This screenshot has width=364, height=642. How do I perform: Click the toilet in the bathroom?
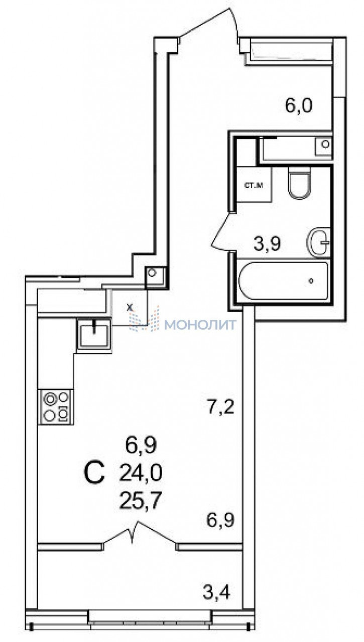pos(299,183)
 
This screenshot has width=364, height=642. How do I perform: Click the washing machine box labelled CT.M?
pos(254,185)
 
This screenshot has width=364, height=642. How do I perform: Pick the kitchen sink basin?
pos(94,334)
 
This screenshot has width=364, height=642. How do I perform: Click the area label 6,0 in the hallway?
pos(298,106)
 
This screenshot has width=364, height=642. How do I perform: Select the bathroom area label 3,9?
pos(267,244)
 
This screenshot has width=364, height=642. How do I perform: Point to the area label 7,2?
pos(221,407)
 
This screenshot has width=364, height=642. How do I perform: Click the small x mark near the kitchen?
pos(130,308)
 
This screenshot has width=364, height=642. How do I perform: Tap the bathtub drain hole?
pos(311,281)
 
